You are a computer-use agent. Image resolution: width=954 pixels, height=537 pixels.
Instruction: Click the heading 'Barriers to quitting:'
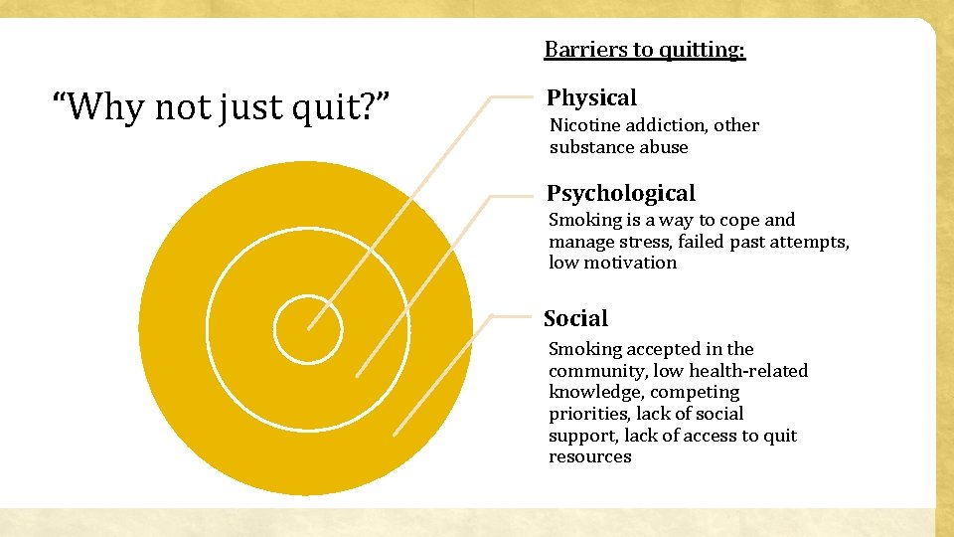pyautogui.click(x=644, y=50)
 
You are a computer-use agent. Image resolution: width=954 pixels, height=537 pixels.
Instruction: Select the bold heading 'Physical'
pyautogui.click(x=591, y=97)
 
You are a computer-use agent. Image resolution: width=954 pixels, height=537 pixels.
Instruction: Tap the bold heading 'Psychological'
pyautogui.click(x=621, y=193)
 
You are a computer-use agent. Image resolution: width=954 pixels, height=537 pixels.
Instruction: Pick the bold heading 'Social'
pyautogui.click(x=575, y=318)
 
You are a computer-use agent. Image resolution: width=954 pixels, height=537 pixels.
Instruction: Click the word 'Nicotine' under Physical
pyautogui.click(x=585, y=125)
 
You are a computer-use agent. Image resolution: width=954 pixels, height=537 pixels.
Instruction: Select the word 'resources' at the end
pyautogui.click(x=590, y=456)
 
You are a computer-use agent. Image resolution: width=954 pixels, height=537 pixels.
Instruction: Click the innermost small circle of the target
pyautogui.click(x=308, y=329)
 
